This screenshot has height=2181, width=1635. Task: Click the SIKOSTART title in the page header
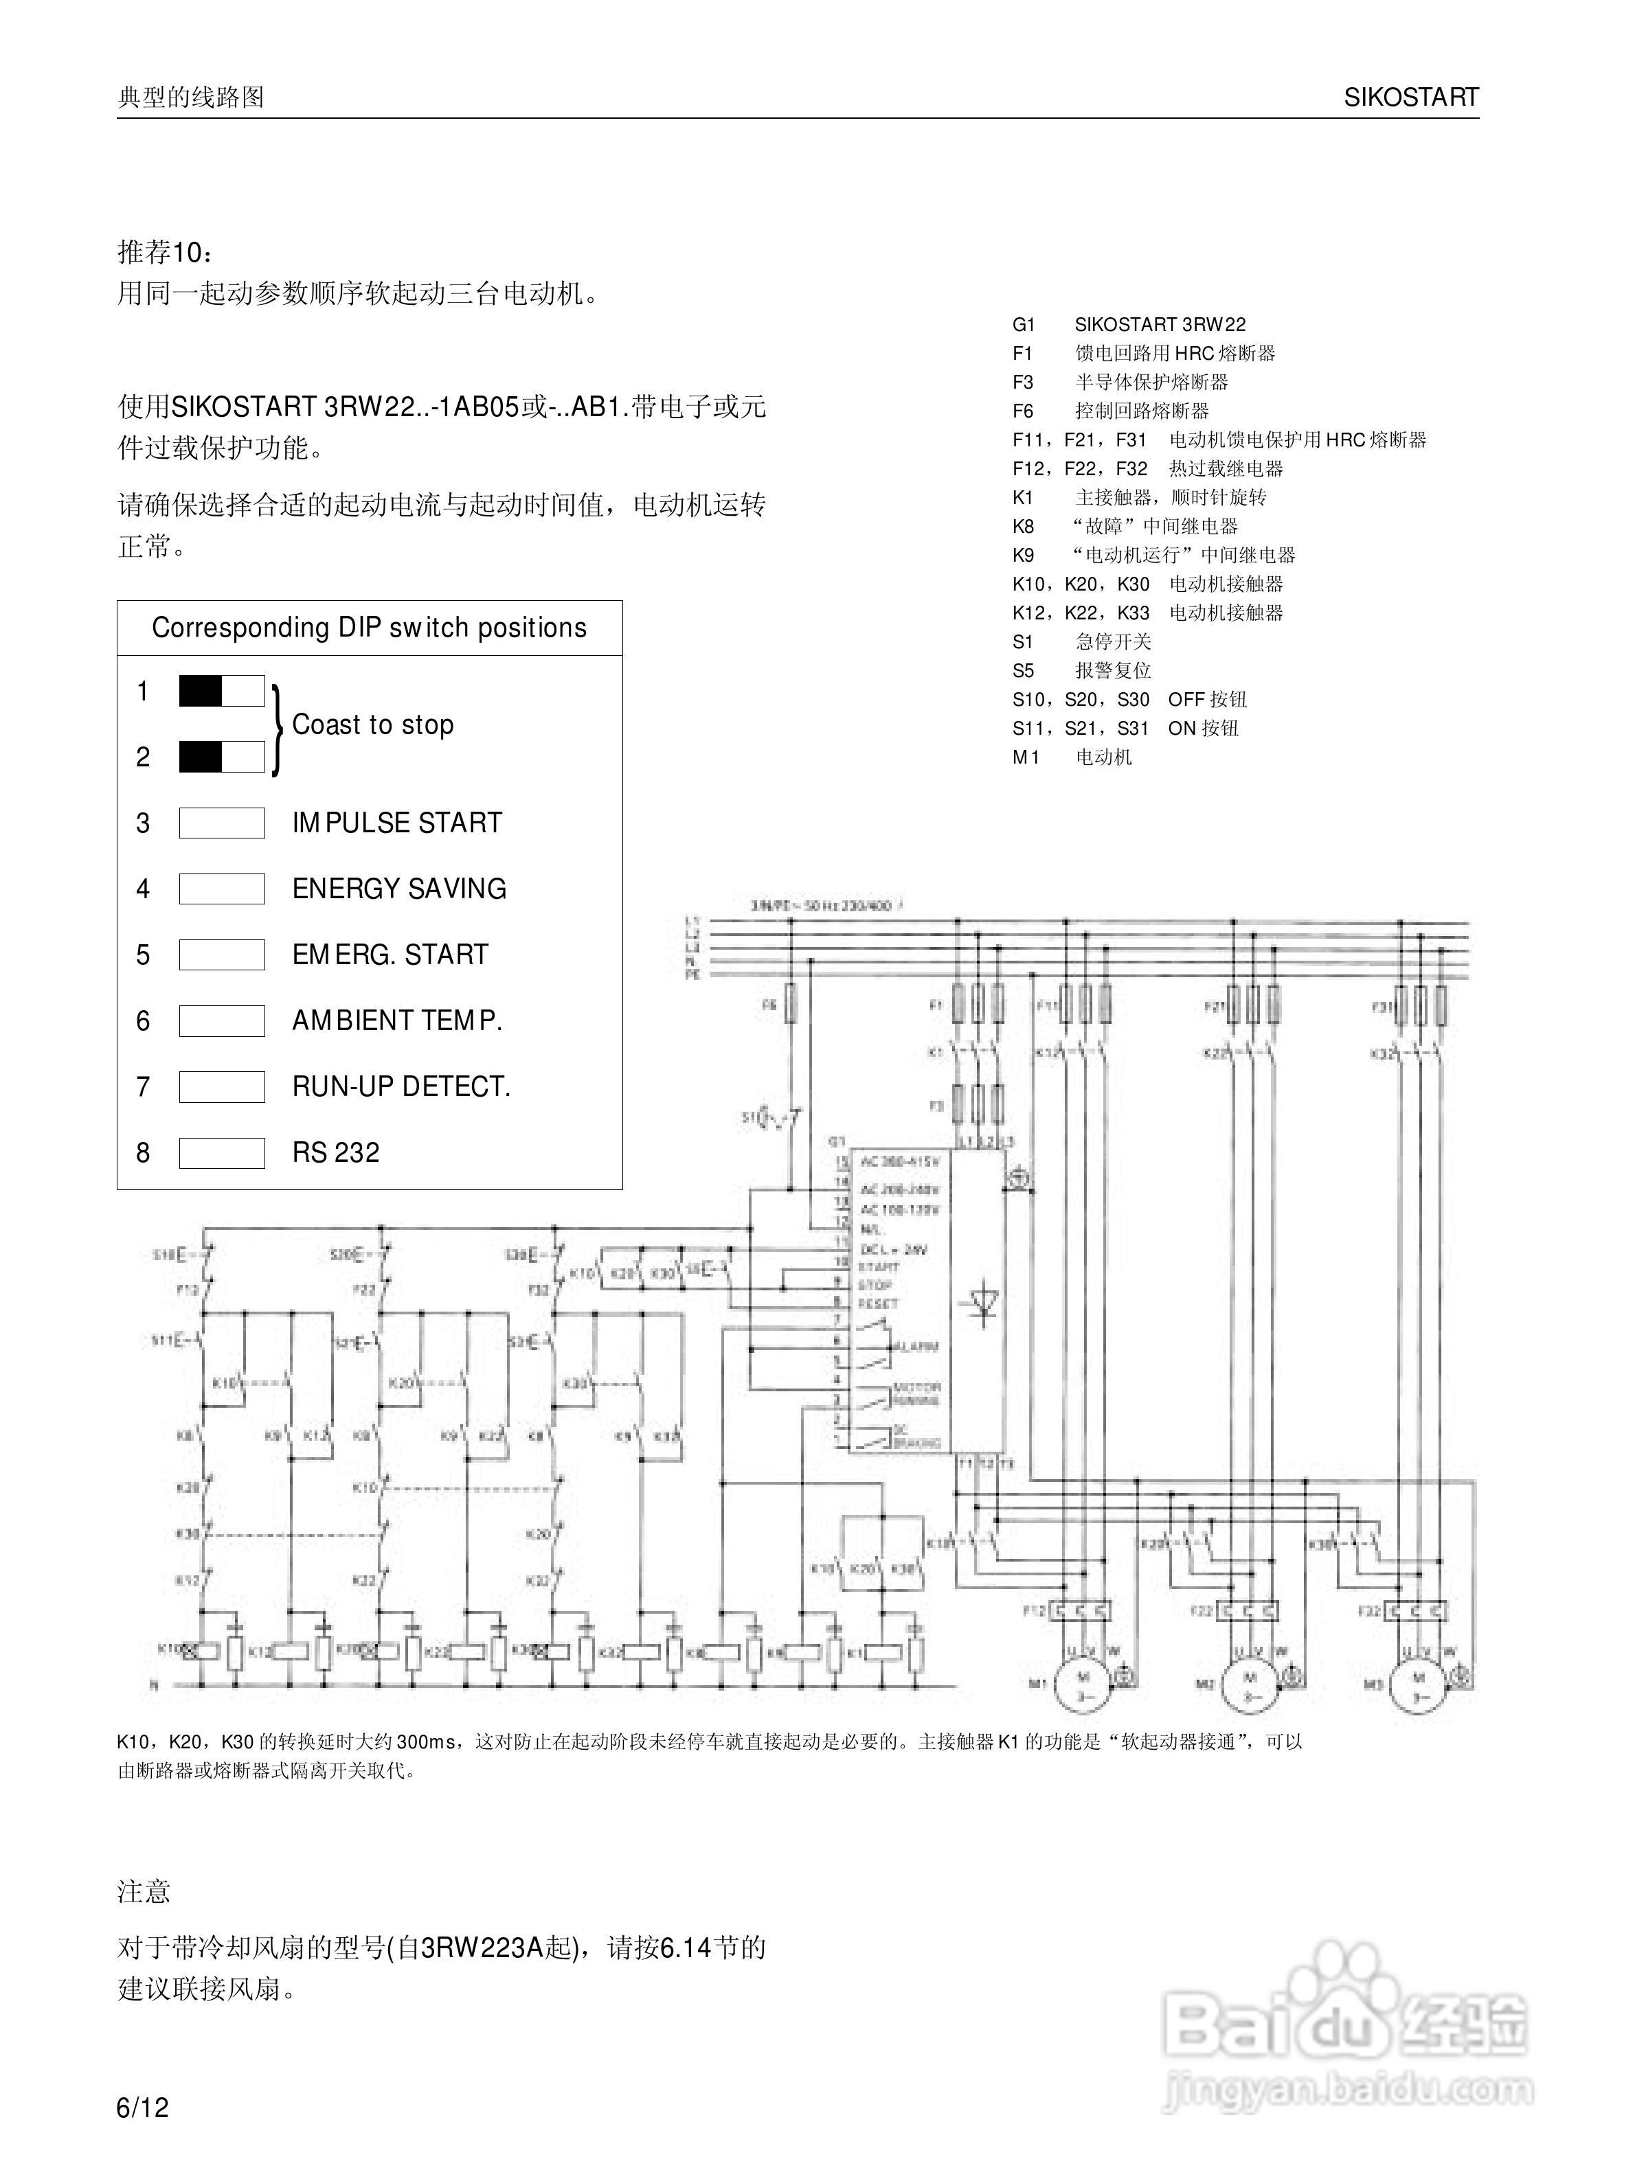(x=1410, y=97)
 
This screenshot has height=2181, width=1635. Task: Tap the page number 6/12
(x=143, y=2108)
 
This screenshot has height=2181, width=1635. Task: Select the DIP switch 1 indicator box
(x=222, y=691)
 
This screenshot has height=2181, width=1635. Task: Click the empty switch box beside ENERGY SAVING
(x=222, y=889)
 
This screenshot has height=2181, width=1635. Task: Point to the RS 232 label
(x=335, y=1152)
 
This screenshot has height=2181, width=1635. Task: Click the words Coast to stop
(x=373, y=724)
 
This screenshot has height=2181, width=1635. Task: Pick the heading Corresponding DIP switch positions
(x=369, y=628)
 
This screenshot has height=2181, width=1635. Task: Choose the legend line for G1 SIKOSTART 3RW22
(x=1129, y=324)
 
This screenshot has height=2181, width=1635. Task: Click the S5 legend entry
(x=1082, y=670)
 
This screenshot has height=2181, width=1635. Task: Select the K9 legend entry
(x=1153, y=555)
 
